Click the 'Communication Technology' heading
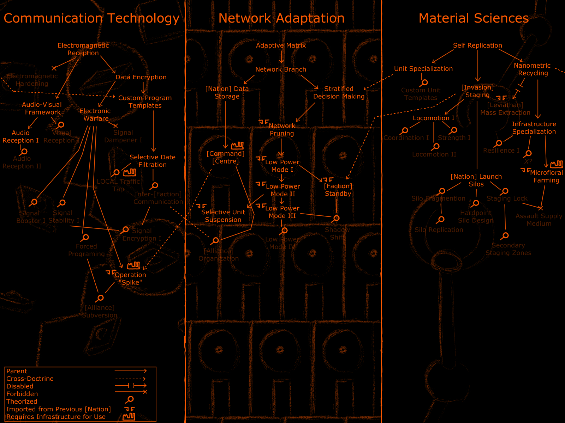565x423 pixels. click(x=91, y=18)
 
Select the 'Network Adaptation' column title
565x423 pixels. click(x=281, y=18)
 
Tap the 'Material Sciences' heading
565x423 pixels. click(x=474, y=18)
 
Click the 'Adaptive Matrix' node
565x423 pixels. click(x=281, y=45)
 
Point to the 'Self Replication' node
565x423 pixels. click(x=477, y=45)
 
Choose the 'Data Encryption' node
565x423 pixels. click(x=141, y=77)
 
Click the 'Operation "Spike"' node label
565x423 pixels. click(x=130, y=278)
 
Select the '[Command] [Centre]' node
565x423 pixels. click(x=226, y=158)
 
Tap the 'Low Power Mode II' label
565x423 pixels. click(x=283, y=190)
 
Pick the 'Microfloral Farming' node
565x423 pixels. click(x=546, y=176)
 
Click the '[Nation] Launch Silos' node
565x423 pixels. click(x=476, y=180)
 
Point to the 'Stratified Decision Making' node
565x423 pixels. click(x=339, y=92)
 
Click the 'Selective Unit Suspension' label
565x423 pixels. click(x=223, y=216)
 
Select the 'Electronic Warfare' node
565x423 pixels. click(x=95, y=115)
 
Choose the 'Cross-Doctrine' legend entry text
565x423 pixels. click(x=30, y=379)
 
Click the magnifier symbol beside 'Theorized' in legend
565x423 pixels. click(x=130, y=399)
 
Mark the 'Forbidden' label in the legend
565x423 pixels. click(x=22, y=394)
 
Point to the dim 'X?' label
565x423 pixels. click(x=528, y=161)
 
